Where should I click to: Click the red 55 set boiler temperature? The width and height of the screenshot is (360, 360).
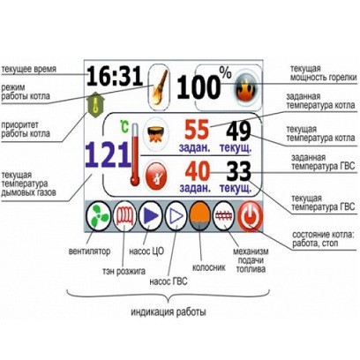197,129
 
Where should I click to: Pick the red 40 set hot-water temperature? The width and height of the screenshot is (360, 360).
197,171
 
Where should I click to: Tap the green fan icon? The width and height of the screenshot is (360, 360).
99,215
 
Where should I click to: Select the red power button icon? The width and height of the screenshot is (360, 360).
251,215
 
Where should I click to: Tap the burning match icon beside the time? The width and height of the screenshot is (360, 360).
159,80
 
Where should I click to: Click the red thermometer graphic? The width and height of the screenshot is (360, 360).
137,161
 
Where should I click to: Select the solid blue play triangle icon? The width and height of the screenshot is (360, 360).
150,215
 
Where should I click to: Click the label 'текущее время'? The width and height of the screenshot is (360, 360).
28,69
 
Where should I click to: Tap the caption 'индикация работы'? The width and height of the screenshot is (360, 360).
167,311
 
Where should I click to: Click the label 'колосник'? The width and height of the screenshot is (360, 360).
210,263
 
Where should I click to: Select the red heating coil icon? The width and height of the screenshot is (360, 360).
124,215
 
